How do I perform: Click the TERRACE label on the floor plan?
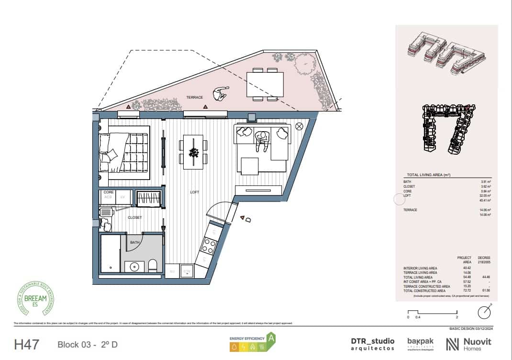point(195,97)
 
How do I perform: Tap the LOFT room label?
point(194,192)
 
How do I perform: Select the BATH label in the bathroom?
point(134,242)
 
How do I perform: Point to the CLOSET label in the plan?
point(134,217)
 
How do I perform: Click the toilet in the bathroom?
point(153,265)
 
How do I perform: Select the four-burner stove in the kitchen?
point(209,246)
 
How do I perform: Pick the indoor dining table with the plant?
point(194,152)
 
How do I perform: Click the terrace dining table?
point(265,84)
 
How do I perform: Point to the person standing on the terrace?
point(221,93)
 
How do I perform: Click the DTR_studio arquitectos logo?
point(373,344)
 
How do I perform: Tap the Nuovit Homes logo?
point(468,344)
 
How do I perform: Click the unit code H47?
point(27,344)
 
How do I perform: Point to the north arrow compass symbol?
point(484,312)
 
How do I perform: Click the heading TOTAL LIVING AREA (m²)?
point(429,175)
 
